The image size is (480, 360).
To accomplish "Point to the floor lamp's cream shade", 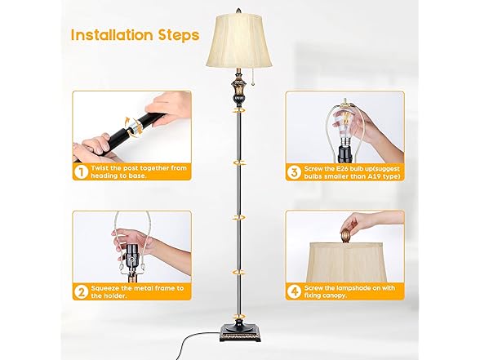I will coord(240,41).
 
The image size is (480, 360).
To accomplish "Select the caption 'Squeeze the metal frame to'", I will coord(136,288).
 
